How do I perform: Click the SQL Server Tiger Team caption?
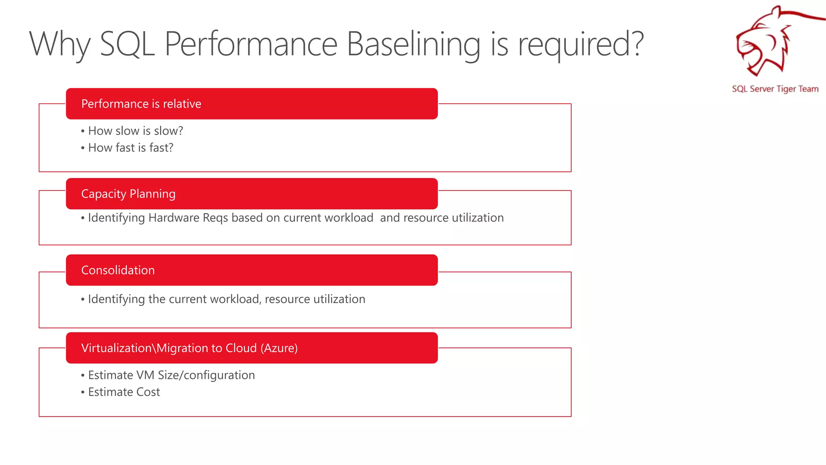pos(775,89)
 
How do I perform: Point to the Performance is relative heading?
pos(141,104)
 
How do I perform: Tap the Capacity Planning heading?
pos(128,194)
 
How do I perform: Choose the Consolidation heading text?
pos(118,270)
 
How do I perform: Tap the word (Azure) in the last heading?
pos(279,348)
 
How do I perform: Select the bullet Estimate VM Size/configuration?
pos(171,375)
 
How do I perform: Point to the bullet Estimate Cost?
pos(124,392)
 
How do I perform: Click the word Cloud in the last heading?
pos(241,348)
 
